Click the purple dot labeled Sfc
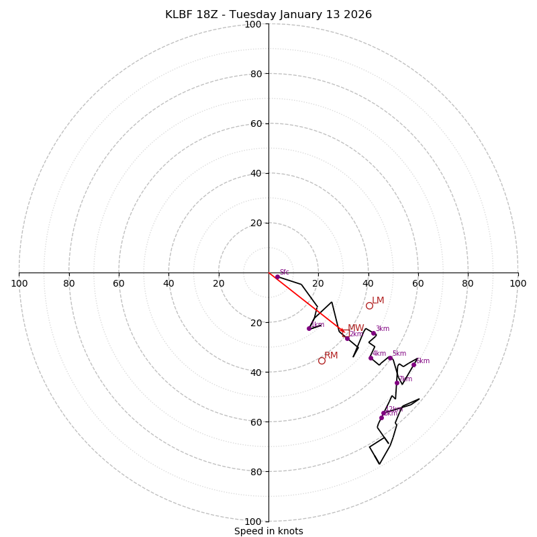pyautogui.click(x=277, y=277)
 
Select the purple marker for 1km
pyautogui.click(x=309, y=328)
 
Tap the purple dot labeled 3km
pyautogui.click(x=374, y=334)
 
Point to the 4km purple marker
pyautogui.click(x=371, y=358)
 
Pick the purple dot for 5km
pyautogui.click(x=390, y=358)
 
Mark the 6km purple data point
pyautogui.click(x=413, y=364)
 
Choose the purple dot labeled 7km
pyautogui.click(x=397, y=383)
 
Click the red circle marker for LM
pyautogui.click(x=369, y=305)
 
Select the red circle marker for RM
pyautogui.click(x=322, y=360)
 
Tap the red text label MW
pyautogui.click(x=356, y=328)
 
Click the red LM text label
pyautogui.click(x=378, y=301)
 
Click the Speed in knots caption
pyautogui.click(x=268, y=531)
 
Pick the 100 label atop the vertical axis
pyautogui.click(x=253, y=25)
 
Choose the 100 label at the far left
pyautogui.click(x=19, y=283)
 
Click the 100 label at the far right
pyautogui.click(x=518, y=283)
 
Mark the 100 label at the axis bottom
pyautogui.click(x=253, y=522)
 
